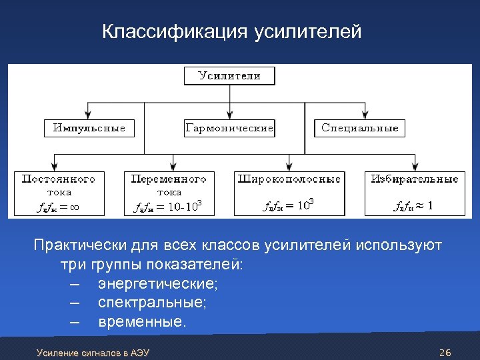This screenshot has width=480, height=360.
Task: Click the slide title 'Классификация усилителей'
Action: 231,32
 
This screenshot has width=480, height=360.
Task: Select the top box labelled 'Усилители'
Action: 229,76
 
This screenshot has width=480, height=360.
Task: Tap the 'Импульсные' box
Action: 89,128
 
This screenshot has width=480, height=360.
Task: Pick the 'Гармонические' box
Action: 229,128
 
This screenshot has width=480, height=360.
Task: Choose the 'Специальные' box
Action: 359,128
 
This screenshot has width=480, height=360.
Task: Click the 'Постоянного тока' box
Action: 59,193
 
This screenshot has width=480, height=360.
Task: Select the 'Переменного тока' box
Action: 169,193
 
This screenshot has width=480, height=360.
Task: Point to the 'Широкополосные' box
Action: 289,193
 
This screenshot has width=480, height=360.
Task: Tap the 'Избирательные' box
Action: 415,193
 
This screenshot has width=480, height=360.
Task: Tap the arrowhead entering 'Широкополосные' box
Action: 289,167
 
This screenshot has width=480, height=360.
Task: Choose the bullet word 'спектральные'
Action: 152,303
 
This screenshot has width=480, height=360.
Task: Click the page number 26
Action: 446,352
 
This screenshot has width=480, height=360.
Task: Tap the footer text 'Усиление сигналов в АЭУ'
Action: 93,352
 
